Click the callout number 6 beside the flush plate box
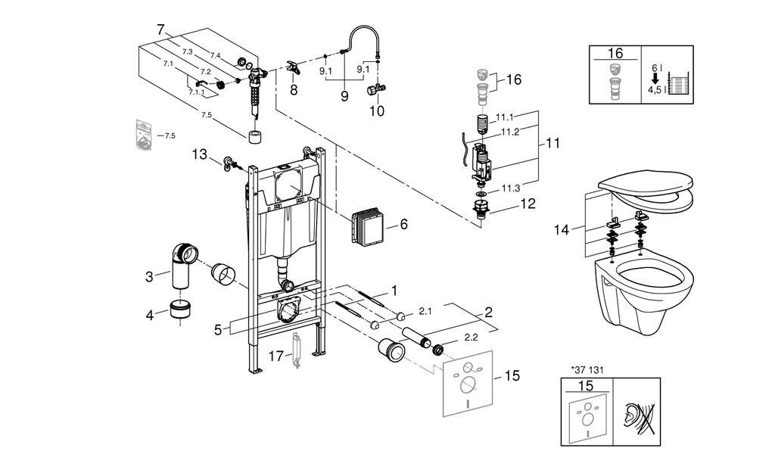[404, 224]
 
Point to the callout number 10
[377, 111]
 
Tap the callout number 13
[200, 154]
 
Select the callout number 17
[276, 356]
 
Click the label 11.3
[511, 188]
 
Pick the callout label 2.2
[471, 338]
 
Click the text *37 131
[587, 369]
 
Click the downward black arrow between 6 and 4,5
[655, 78]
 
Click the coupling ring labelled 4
[180, 309]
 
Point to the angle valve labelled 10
[375, 89]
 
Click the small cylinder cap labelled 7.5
[255, 137]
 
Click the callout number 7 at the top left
[160, 30]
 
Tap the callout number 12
[528, 204]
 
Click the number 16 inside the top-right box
[615, 53]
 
